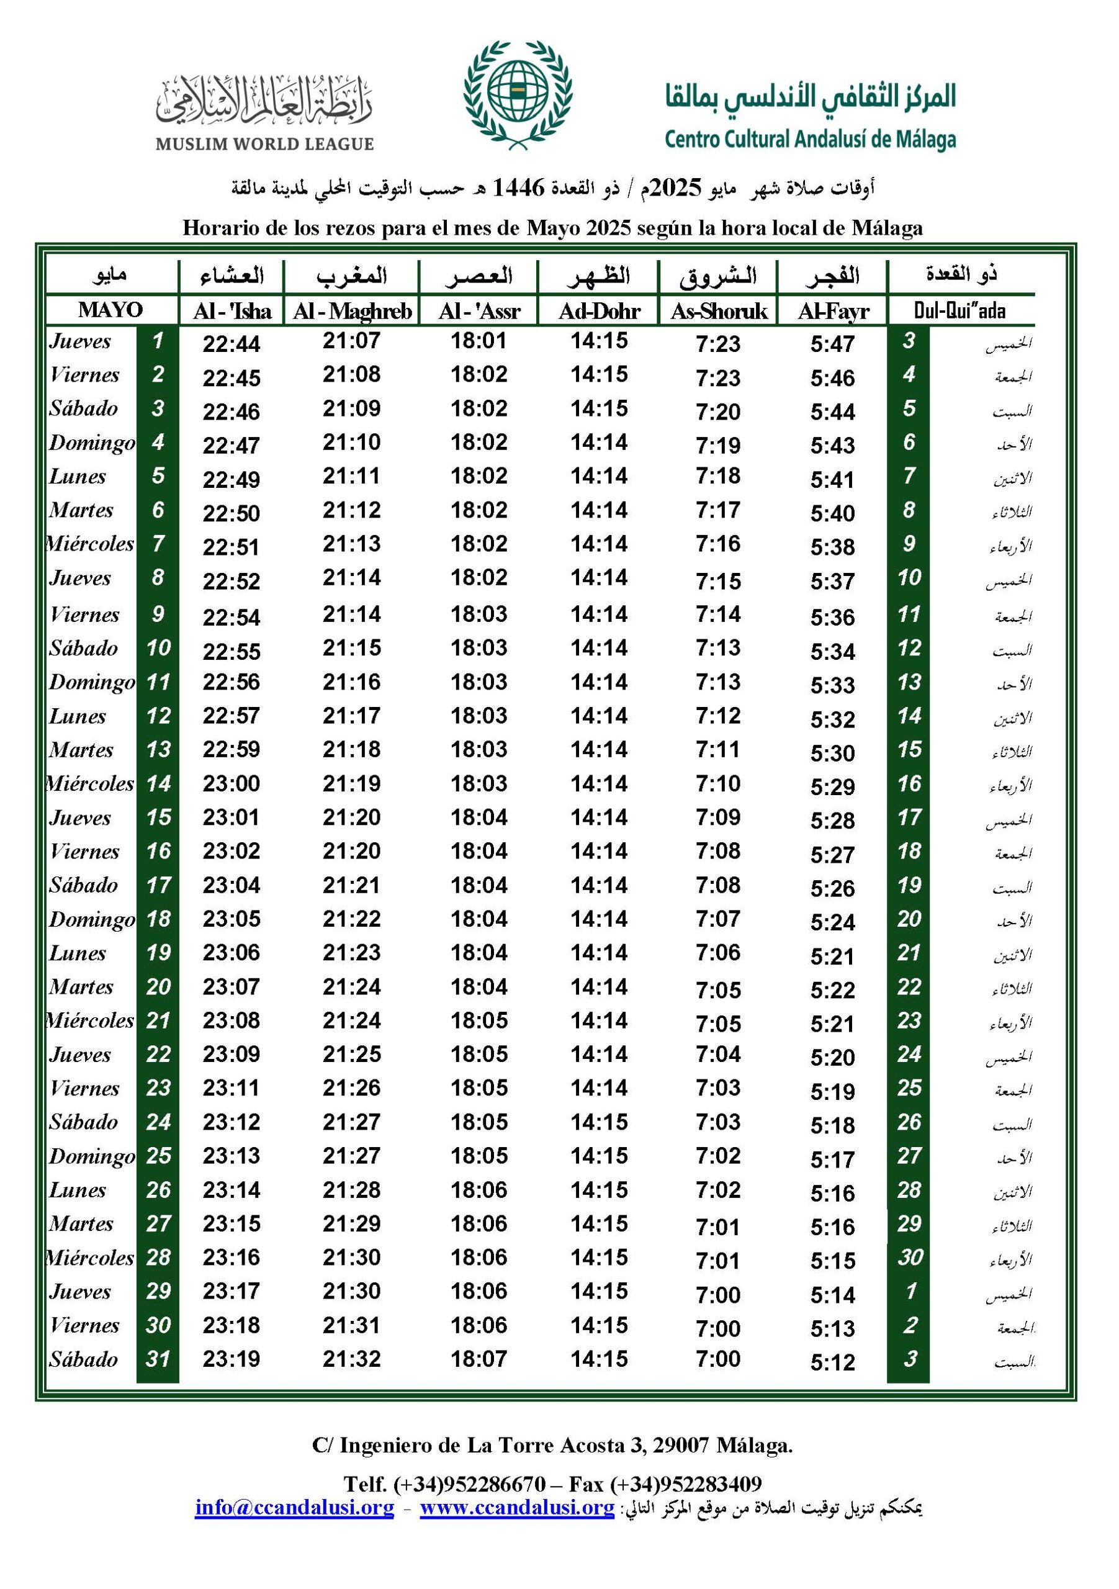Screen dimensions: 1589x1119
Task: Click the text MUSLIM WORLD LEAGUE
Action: point(264,144)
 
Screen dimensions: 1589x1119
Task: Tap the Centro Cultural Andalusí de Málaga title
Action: point(810,139)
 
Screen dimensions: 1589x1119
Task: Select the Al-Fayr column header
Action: point(832,312)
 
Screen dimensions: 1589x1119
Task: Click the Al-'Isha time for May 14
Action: point(231,783)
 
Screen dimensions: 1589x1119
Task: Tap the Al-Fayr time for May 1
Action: point(832,344)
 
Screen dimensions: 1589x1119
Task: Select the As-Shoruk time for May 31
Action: point(718,1359)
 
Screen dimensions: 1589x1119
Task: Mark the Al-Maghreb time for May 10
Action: point(351,648)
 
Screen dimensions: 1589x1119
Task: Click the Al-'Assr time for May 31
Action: point(479,1359)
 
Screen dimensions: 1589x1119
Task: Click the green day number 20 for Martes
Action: point(158,987)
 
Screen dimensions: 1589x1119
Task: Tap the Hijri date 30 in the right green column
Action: point(909,1257)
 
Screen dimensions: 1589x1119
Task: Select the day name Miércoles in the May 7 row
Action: point(91,544)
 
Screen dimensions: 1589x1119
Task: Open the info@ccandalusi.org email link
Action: point(294,1507)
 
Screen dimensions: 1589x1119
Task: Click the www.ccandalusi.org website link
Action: point(517,1507)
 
